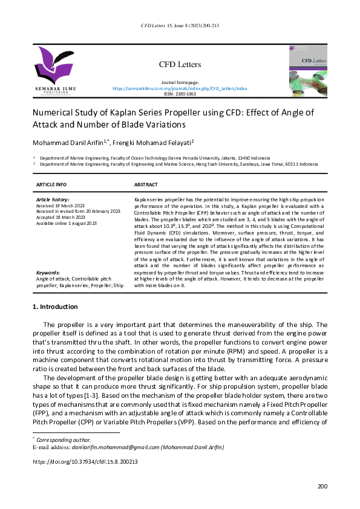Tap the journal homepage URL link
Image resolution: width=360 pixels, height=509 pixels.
[180, 88]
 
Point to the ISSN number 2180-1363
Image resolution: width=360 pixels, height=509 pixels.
[180, 94]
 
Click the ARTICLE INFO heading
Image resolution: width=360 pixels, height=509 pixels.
[51, 184]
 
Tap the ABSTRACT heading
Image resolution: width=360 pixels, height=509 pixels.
[145, 184]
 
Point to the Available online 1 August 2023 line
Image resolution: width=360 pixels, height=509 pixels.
[67, 223]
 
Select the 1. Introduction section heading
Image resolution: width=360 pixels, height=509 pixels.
[54, 307]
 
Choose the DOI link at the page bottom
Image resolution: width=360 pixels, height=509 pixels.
[85, 462]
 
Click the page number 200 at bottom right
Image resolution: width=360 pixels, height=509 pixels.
[322, 487]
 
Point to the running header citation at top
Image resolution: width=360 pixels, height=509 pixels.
[180, 25]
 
